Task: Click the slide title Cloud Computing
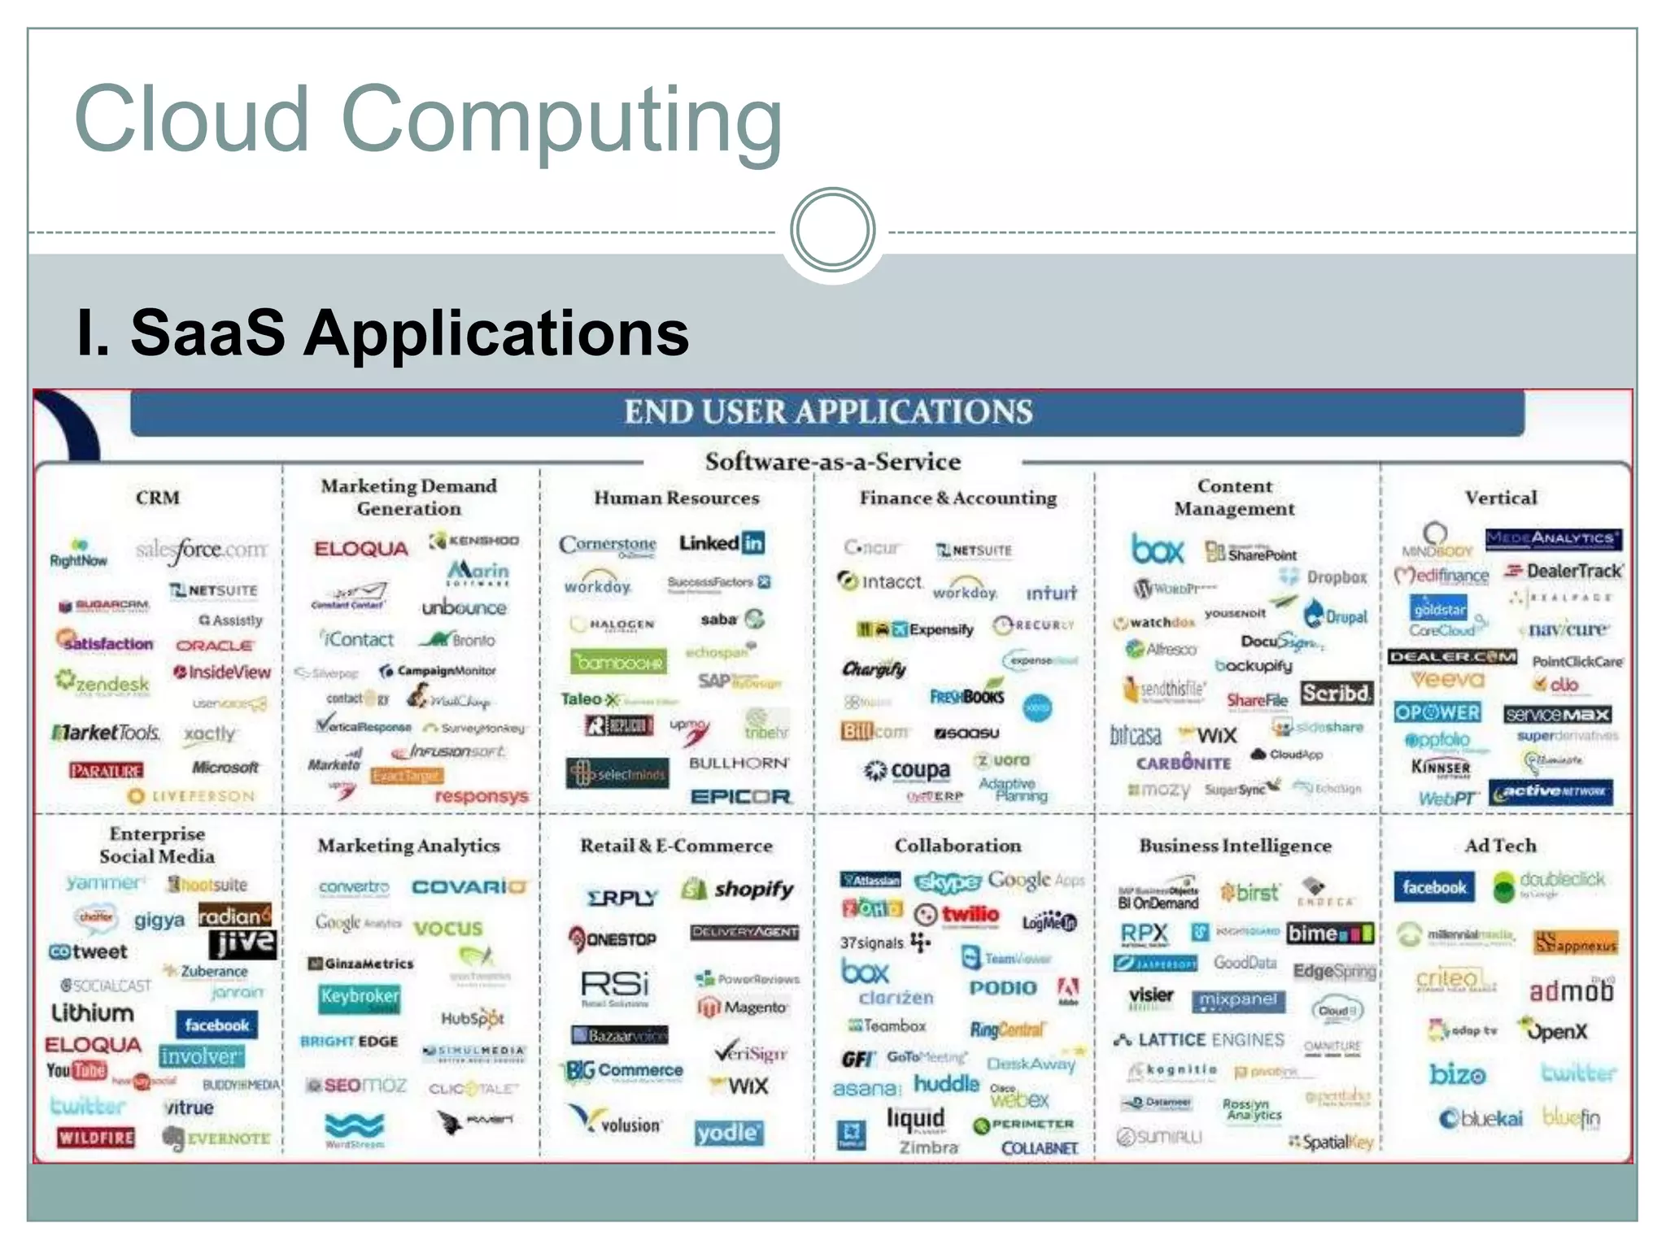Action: (428, 120)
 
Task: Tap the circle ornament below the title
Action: (832, 230)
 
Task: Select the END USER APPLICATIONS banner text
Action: (828, 412)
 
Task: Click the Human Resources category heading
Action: (676, 498)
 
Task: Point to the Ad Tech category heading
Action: (1500, 846)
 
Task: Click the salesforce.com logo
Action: (201, 551)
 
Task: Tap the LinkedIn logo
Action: (722, 543)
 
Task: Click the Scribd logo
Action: (1337, 694)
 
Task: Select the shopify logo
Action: (739, 889)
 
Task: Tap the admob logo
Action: (1571, 990)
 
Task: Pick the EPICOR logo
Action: (740, 797)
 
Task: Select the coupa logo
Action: (907, 769)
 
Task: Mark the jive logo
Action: (242, 943)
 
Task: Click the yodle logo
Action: (729, 1133)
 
